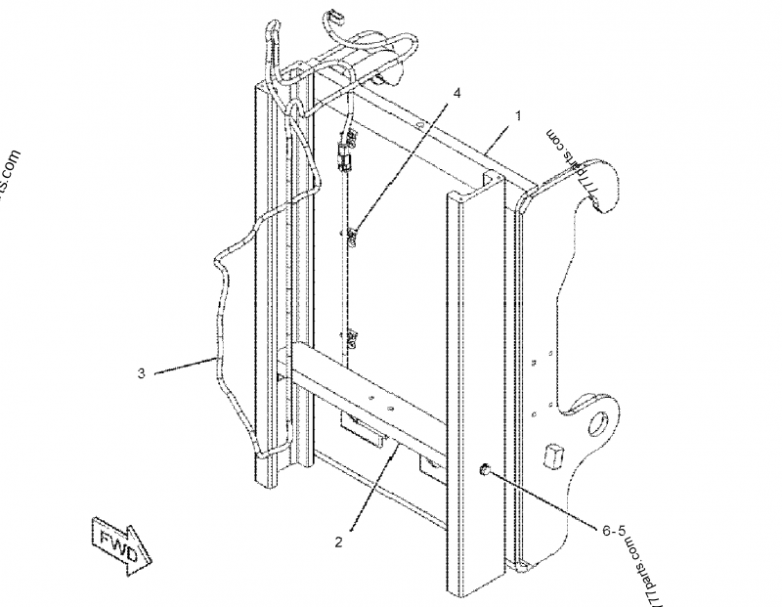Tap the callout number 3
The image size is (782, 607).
[142, 372]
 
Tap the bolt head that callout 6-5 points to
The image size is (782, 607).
[484, 472]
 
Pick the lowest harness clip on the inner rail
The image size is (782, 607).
[350, 338]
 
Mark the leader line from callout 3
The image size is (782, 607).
[186, 366]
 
